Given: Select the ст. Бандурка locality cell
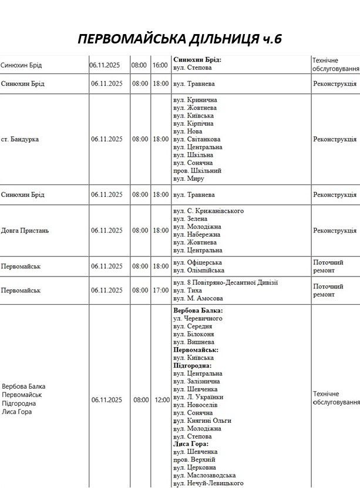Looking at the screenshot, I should (x=21, y=139).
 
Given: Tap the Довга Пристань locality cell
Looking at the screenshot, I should (x=25, y=230).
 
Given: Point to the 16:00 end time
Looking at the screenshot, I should (x=160, y=65).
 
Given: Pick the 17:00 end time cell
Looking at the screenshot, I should (x=160, y=290).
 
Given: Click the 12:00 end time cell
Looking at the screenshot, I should (x=162, y=400).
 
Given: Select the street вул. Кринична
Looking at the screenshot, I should (x=195, y=100).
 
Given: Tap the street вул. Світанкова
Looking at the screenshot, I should (x=198, y=139).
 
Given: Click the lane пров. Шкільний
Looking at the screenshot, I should (x=197, y=170).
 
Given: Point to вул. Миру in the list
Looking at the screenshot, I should (x=189, y=179).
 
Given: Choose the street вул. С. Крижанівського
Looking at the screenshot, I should (x=208, y=210).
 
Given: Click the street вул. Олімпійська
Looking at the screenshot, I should (x=198, y=270).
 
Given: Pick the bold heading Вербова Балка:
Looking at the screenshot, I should (x=198, y=310).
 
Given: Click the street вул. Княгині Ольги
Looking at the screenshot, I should (x=202, y=420).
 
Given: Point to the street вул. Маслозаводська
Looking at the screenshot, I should (x=204, y=475).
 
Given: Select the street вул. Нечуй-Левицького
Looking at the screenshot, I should (x=208, y=483).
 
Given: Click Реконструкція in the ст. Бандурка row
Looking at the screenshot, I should (x=335, y=139).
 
